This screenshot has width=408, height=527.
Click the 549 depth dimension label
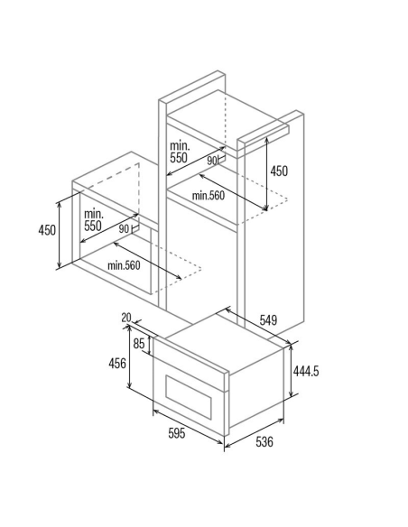pyautogui.click(x=268, y=320)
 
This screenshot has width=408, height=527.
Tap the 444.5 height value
pyautogui.click(x=306, y=371)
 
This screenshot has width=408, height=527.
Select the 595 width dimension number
pyautogui.click(x=177, y=433)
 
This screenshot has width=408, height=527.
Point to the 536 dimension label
pyautogui.click(x=264, y=441)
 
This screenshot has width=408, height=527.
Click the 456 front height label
pyautogui.click(x=117, y=363)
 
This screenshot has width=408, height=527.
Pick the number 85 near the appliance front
pyautogui.click(x=139, y=344)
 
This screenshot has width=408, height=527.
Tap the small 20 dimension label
pyautogui.click(x=126, y=318)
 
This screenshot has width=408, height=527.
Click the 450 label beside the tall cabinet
pyautogui.click(x=279, y=171)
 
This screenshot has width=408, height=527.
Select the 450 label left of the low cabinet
pyautogui.click(x=47, y=230)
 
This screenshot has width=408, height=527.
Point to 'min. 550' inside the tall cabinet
pyautogui.click(x=180, y=152)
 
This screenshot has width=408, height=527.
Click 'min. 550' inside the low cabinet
pyautogui.click(x=94, y=220)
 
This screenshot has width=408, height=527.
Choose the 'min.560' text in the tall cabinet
pyautogui.click(x=208, y=195)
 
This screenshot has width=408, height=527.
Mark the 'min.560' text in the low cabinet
pyautogui.click(x=124, y=265)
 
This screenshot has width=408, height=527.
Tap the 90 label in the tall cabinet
pyautogui.click(x=212, y=161)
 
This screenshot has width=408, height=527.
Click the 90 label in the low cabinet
pyautogui.click(x=124, y=229)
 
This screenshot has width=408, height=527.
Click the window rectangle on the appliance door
pyautogui.click(x=189, y=397)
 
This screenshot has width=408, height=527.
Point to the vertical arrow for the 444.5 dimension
pyautogui.click(x=292, y=371)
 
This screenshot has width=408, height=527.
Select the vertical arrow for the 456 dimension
pyautogui.click(x=130, y=356)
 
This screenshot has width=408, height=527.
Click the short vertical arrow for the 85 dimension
pyautogui.click(x=150, y=346)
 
